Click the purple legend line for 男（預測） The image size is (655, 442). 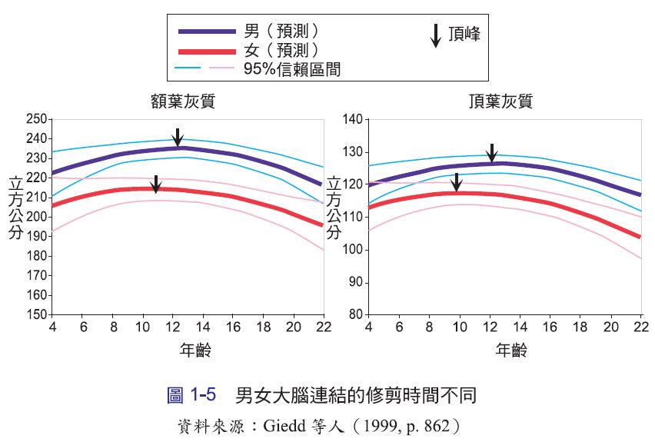tap(207, 32)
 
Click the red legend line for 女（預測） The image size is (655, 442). tap(207, 52)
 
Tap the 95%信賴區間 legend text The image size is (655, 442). tap(292, 69)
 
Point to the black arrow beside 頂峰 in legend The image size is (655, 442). tap(436, 35)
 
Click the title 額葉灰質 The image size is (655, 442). tap(183, 101)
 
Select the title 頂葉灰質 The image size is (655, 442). tap(500, 101)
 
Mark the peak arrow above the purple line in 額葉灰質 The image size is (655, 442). tap(178, 138)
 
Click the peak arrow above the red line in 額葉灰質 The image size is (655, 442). tap(156, 184)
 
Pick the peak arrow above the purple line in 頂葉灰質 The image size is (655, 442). tap(492, 153)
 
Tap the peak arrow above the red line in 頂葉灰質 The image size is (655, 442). tap(457, 182)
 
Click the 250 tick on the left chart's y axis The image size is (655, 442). tap(37, 119)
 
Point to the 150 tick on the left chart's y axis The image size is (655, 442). tap(37, 314)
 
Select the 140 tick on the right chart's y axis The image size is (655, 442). tap(353, 119)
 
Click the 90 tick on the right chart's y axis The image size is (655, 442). tap(356, 282)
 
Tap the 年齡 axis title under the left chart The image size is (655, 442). tap(195, 350)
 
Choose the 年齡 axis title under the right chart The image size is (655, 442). tap(511, 350)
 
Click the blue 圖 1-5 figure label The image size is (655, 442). tap(191, 395)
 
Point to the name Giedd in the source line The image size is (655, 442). tap(284, 426)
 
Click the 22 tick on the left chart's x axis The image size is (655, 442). tap(324, 327)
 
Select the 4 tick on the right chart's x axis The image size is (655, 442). tap(368, 327)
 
